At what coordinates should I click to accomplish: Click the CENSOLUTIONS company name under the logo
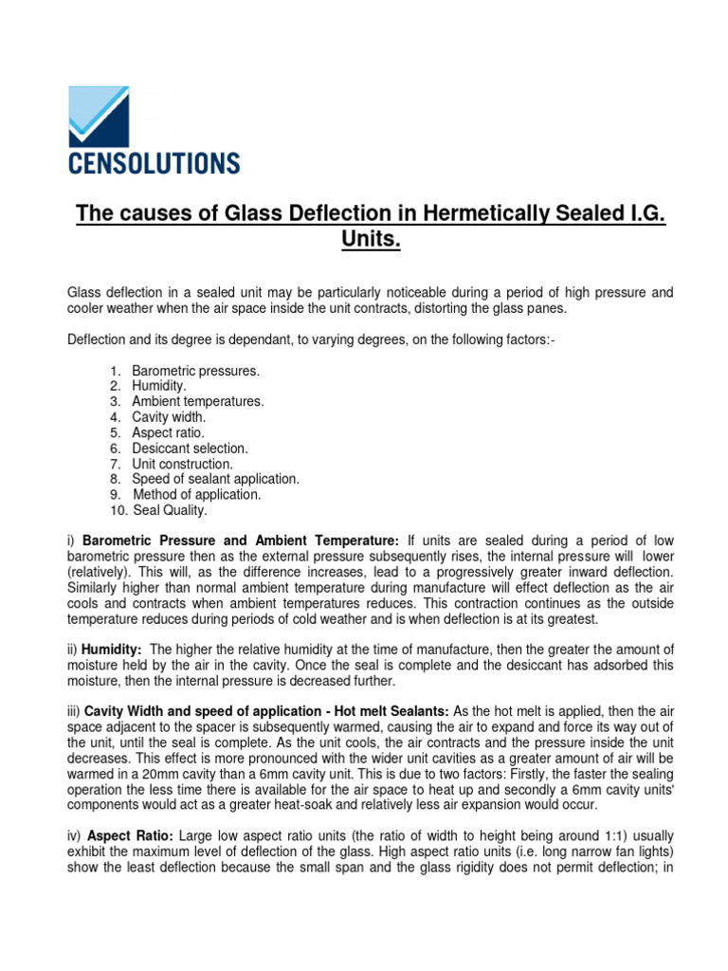[x=154, y=162]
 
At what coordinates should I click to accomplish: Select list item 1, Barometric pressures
[x=195, y=371]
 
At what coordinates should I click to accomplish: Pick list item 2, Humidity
[x=159, y=386]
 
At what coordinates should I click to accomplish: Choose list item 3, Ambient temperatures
[x=197, y=402]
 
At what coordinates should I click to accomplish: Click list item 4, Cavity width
[x=169, y=417]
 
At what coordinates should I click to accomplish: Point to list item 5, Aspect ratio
[x=168, y=433]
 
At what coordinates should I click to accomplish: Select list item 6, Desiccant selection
[x=190, y=449]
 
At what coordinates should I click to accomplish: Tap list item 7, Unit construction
[x=182, y=464]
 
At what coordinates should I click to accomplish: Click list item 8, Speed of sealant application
[x=215, y=480]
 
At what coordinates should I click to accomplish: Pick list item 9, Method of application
[x=196, y=495]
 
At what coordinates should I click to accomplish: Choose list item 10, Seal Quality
[x=169, y=510]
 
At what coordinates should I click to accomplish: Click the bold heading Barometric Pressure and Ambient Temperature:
[x=241, y=540]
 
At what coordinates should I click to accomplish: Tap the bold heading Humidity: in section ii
[x=113, y=649]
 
